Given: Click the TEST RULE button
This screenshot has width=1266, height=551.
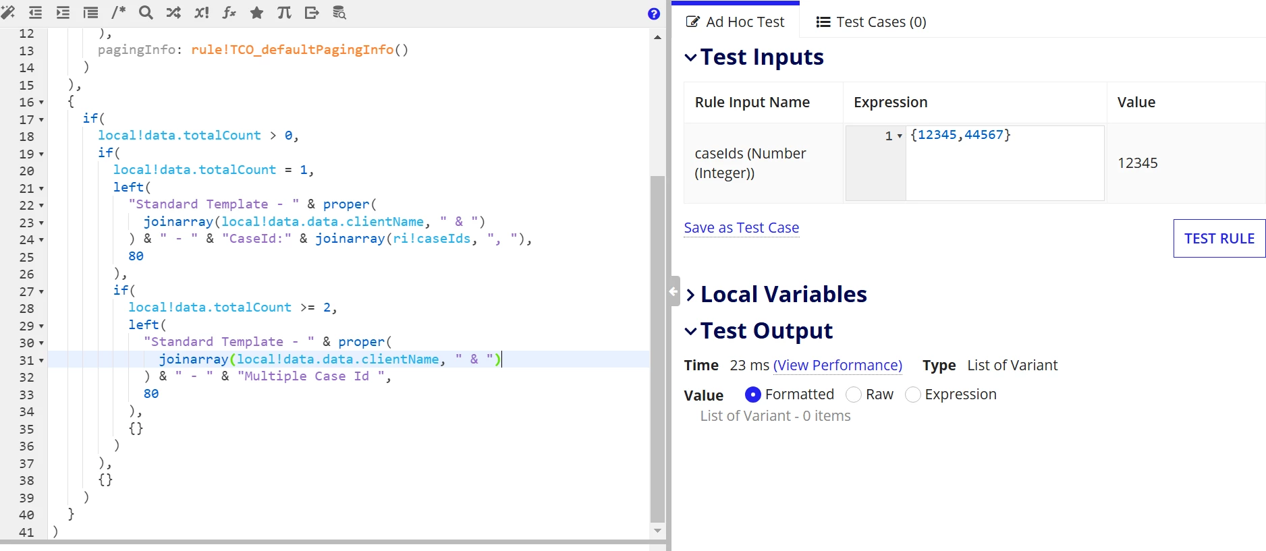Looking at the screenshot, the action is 1219,238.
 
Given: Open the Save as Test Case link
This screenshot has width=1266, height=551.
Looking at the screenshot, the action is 741,228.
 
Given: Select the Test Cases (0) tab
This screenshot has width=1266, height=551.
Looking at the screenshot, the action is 871,22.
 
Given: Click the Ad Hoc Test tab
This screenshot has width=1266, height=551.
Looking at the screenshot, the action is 735,22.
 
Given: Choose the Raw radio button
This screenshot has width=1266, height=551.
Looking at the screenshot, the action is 854,395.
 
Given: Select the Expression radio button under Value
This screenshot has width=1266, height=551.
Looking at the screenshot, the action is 913,395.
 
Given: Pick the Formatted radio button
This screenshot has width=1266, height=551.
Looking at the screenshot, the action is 753,395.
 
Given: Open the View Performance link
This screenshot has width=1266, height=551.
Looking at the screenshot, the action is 837,365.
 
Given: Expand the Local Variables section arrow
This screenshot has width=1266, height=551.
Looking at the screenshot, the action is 690,295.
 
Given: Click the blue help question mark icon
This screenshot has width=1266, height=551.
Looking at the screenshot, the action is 654,13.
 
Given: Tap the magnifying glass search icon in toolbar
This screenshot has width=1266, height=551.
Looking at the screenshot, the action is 146,12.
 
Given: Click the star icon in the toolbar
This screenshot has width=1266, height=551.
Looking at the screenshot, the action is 256,12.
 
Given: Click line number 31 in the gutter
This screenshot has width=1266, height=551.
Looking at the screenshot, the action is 26,359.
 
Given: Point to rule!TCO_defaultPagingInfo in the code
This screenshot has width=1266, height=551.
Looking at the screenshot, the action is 292,49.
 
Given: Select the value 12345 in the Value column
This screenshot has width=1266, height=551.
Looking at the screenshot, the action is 1137,163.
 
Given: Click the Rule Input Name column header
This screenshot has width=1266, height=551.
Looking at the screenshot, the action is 752,102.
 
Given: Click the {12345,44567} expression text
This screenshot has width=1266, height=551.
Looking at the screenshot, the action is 960,135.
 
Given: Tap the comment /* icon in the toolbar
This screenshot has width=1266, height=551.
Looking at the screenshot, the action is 118,12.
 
